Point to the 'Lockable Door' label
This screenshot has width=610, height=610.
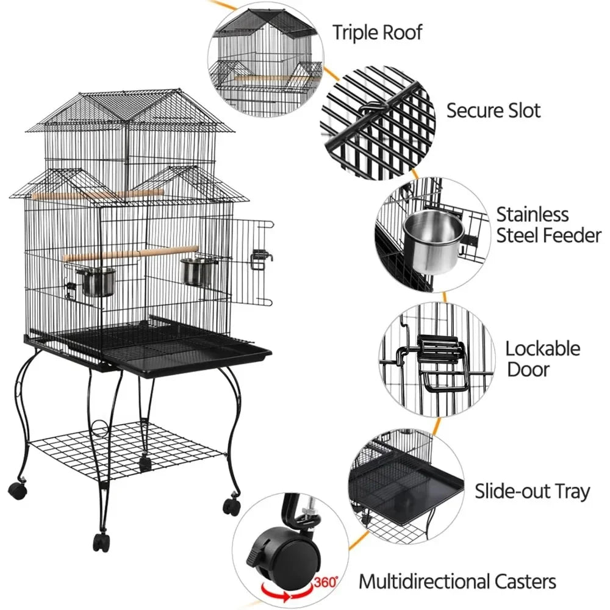click(542, 359)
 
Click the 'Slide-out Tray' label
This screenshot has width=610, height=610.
click(533, 491)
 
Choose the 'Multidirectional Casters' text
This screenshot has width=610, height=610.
click(457, 581)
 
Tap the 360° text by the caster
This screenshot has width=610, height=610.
click(325, 583)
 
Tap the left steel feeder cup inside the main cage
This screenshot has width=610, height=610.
click(96, 281)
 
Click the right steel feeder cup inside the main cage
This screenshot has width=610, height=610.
click(196, 272)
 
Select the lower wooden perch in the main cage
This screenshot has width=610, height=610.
click(131, 253)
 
